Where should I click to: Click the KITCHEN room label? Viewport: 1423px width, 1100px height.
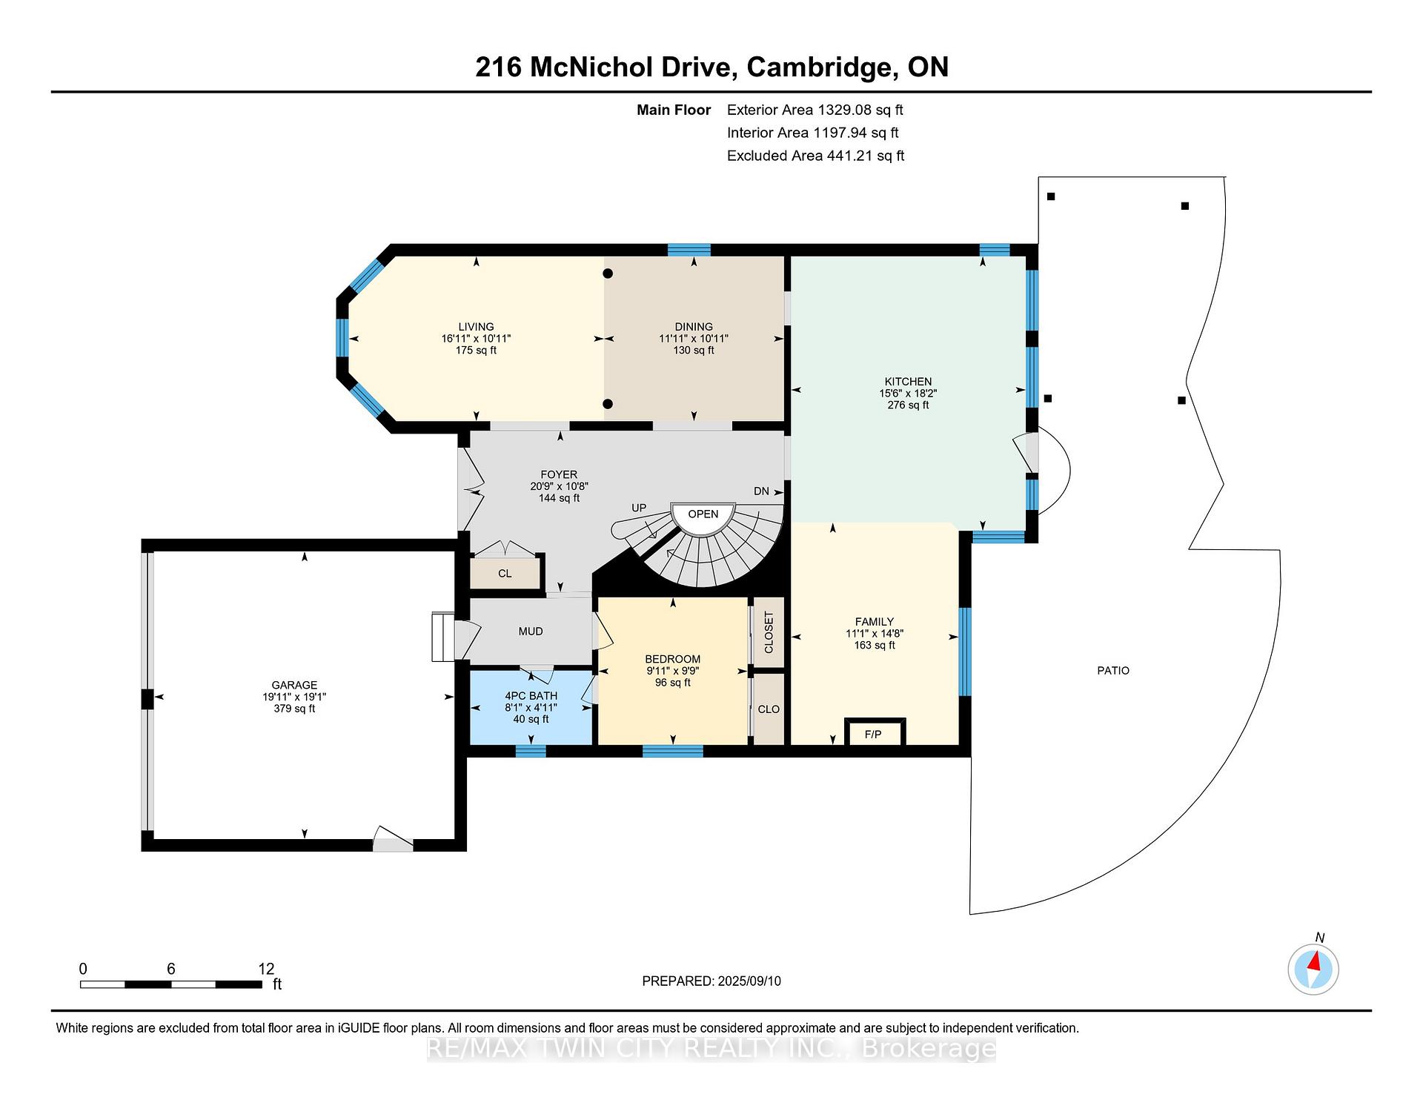click(x=908, y=382)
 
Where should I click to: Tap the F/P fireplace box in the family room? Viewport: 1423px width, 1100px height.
click(x=875, y=732)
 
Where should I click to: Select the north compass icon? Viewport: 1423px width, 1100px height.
click(x=1313, y=969)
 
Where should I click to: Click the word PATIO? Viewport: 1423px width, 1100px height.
click(x=1113, y=671)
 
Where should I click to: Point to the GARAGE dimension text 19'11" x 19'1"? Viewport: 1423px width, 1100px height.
click(x=294, y=697)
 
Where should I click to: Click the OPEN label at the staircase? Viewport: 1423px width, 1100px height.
click(x=703, y=514)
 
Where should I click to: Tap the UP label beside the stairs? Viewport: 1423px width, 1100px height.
click(x=639, y=508)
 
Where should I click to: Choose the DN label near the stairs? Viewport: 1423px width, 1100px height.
click(x=761, y=491)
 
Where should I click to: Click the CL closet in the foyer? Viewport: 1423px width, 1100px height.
click(x=505, y=573)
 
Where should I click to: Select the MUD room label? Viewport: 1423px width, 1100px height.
click(x=531, y=632)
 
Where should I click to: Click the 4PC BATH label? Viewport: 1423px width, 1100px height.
click(x=531, y=696)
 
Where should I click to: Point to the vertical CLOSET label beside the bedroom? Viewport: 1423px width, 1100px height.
click(x=769, y=632)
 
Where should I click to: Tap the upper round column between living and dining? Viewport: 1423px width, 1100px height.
click(x=608, y=274)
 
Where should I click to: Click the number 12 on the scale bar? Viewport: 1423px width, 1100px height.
click(x=266, y=969)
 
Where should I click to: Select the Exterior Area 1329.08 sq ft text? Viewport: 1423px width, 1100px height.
click(x=815, y=110)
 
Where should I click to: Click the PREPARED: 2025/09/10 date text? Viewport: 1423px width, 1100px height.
click(x=711, y=981)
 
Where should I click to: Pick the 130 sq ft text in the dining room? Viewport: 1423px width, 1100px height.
click(x=694, y=351)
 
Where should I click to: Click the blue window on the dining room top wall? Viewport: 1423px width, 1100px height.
click(x=689, y=250)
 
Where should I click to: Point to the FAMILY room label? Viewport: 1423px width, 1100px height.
click(x=875, y=622)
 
